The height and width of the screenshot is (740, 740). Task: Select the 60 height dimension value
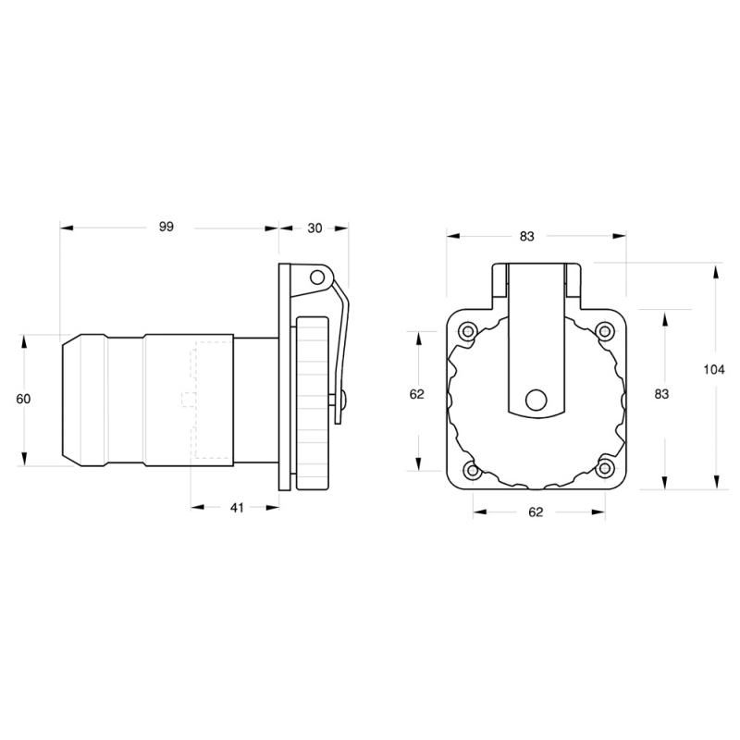click(24, 399)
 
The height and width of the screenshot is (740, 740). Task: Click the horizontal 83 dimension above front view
click(526, 236)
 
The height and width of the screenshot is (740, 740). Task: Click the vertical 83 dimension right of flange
click(661, 393)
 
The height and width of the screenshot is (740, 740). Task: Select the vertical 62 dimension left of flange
click(416, 393)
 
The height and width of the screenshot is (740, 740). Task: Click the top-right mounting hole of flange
click(606, 330)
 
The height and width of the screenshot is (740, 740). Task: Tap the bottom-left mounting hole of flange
click(472, 471)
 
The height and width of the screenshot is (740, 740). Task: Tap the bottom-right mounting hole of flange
click(605, 469)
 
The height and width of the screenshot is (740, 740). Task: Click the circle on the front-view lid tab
click(536, 400)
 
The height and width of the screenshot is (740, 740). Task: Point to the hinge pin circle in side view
click(316, 277)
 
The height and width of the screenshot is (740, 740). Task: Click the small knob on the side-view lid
click(344, 400)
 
